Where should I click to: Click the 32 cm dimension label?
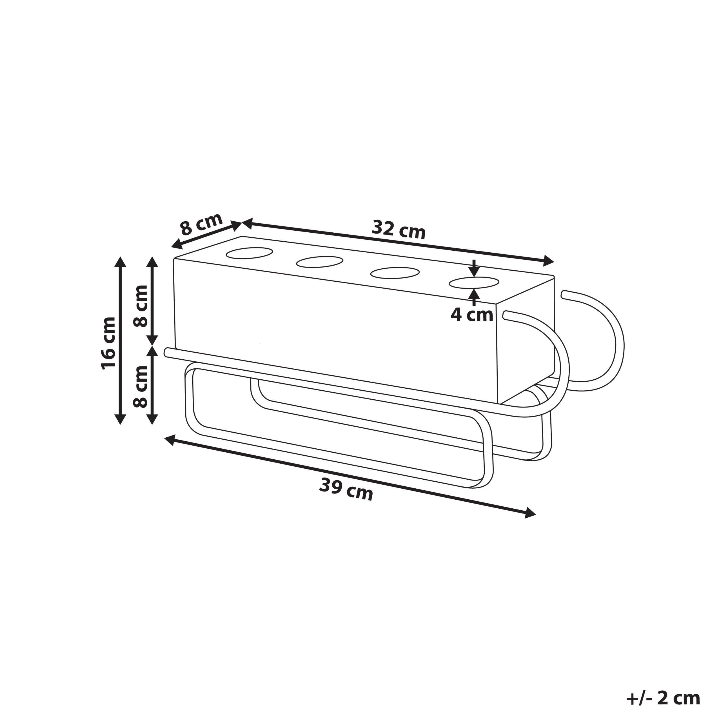click(x=399, y=229)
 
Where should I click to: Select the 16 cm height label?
click(x=109, y=343)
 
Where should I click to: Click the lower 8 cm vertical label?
click(x=141, y=386)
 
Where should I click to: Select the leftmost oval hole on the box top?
click(x=249, y=253)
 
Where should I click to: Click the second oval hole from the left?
click(x=320, y=262)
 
